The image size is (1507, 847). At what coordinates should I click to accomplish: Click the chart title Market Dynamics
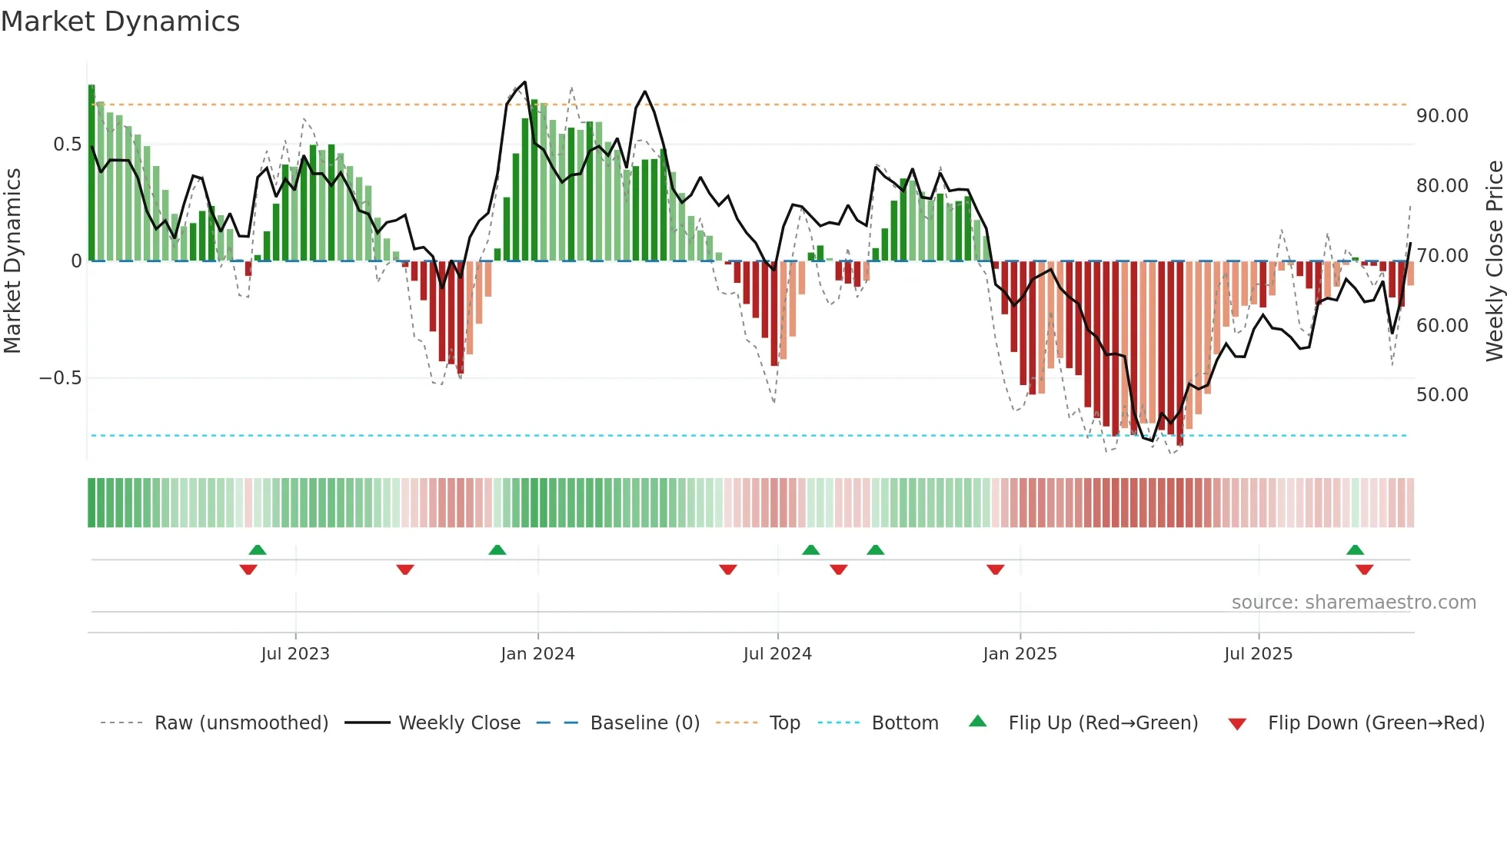pyautogui.click(x=120, y=22)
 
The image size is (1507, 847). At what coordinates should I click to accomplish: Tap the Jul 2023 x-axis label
pyautogui.click(x=295, y=654)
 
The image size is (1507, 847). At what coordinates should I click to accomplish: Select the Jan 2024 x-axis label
pyautogui.click(x=537, y=654)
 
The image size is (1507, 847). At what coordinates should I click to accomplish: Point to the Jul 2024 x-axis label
pyautogui.click(x=777, y=654)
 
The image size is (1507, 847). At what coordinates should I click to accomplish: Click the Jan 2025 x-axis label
pyautogui.click(x=1020, y=654)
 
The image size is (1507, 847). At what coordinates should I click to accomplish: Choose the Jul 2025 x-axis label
pyautogui.click(x=1259, y=654)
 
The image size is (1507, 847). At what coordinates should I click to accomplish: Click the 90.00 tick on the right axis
pyautogui.click(x=1442, y=116)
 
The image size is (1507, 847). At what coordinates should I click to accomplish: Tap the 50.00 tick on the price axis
pyautogui.click(x=1442, y=395)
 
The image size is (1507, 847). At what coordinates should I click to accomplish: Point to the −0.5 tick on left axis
pyautogui.click(x=60, y=378)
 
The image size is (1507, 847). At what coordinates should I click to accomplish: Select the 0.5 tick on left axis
pyautogui.click(x=67, y=144)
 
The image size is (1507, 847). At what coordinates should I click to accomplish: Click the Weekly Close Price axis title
pyautogui.click(x=1494, y=261)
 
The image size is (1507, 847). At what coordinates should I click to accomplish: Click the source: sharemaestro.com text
pyautogui.click(x=1353, y=603)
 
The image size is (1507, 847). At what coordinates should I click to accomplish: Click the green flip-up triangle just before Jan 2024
pyautogui.click(x=497, y=550)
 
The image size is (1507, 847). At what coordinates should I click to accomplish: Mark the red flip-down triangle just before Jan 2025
pyautogui.click(x=996, y=570)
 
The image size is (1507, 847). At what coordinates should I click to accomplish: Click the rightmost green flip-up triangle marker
pyautogui.click(x=1356, y=550)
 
